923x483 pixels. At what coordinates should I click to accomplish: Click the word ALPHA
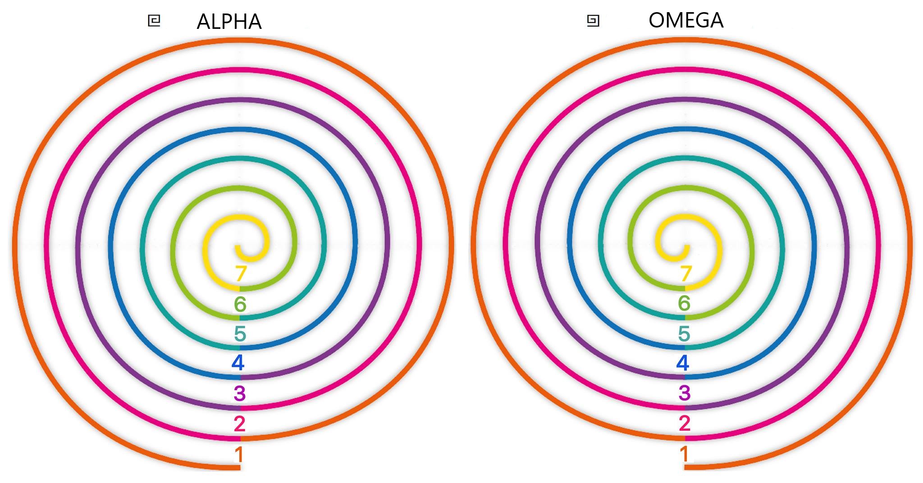[x=229, y=22]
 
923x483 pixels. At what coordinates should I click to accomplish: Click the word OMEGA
[x=685, y=20]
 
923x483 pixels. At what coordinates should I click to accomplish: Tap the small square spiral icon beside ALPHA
[x=154, y=21]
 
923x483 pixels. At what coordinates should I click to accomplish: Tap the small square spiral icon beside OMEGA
[x=593, y=21]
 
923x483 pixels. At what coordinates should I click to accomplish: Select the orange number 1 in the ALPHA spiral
[x=239, y=454]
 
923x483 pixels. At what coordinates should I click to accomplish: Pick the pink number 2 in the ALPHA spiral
[x=239, y=424]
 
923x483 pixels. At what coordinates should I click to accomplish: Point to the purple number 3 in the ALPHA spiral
[x=240, y=393]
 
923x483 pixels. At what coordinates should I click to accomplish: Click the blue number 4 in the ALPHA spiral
[x=238, y=363]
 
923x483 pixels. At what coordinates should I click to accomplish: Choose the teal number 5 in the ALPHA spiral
[x=240, y=334]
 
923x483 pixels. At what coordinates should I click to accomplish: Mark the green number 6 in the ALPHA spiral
[x=240, y=305]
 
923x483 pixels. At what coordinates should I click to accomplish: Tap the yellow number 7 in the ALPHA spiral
[x=241, y=273]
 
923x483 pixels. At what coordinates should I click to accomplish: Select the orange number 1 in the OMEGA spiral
[x=684, y=454]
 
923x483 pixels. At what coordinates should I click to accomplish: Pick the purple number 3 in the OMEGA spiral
[x=685, y=393]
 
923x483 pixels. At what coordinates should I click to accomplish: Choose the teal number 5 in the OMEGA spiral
[x=684, y=334]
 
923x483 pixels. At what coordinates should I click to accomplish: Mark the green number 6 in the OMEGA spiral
[x=684, y=303]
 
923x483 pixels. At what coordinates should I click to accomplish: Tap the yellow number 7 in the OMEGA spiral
[x=685, y=273]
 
